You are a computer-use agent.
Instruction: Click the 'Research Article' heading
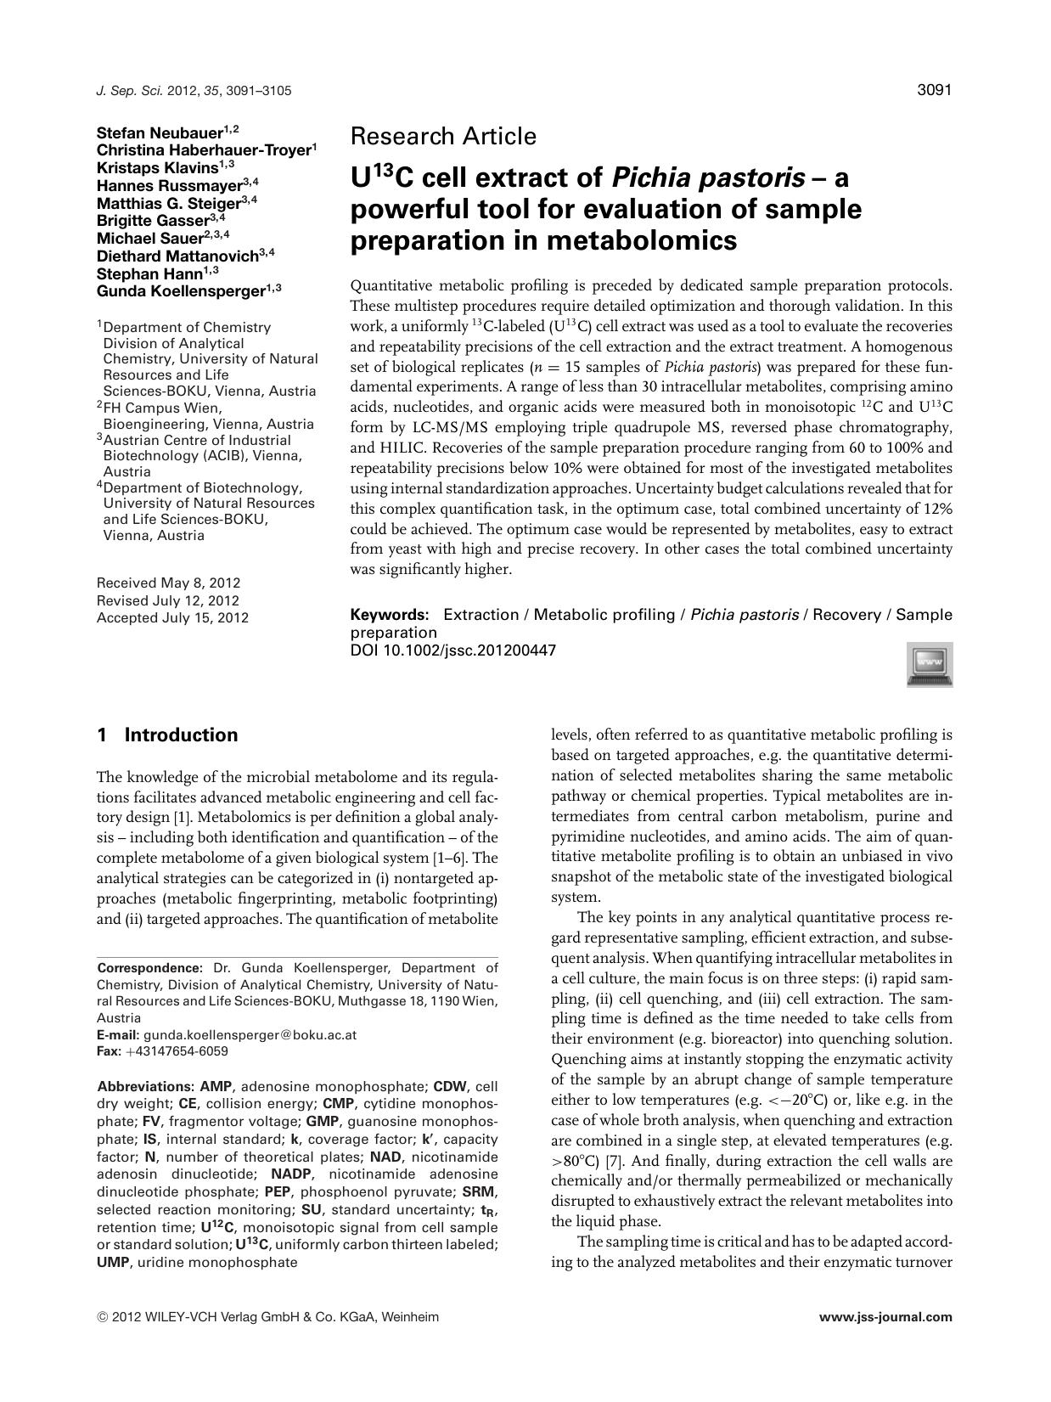[443, 136]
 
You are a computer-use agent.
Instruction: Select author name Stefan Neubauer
[160, 132]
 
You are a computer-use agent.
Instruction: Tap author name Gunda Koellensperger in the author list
[181, 290]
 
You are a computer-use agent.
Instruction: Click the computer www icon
[930, 664]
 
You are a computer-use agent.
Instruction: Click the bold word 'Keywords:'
[390, 615]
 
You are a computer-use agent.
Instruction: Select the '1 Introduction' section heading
[168, 735]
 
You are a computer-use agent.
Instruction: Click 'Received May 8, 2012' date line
[168, 583]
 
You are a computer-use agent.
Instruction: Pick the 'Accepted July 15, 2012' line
[172, 618]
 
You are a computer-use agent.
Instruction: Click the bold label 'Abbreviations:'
[146, 1087]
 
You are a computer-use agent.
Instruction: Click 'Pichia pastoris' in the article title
[707, 178]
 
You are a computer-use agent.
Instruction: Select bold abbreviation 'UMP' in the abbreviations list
[114, 1263]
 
